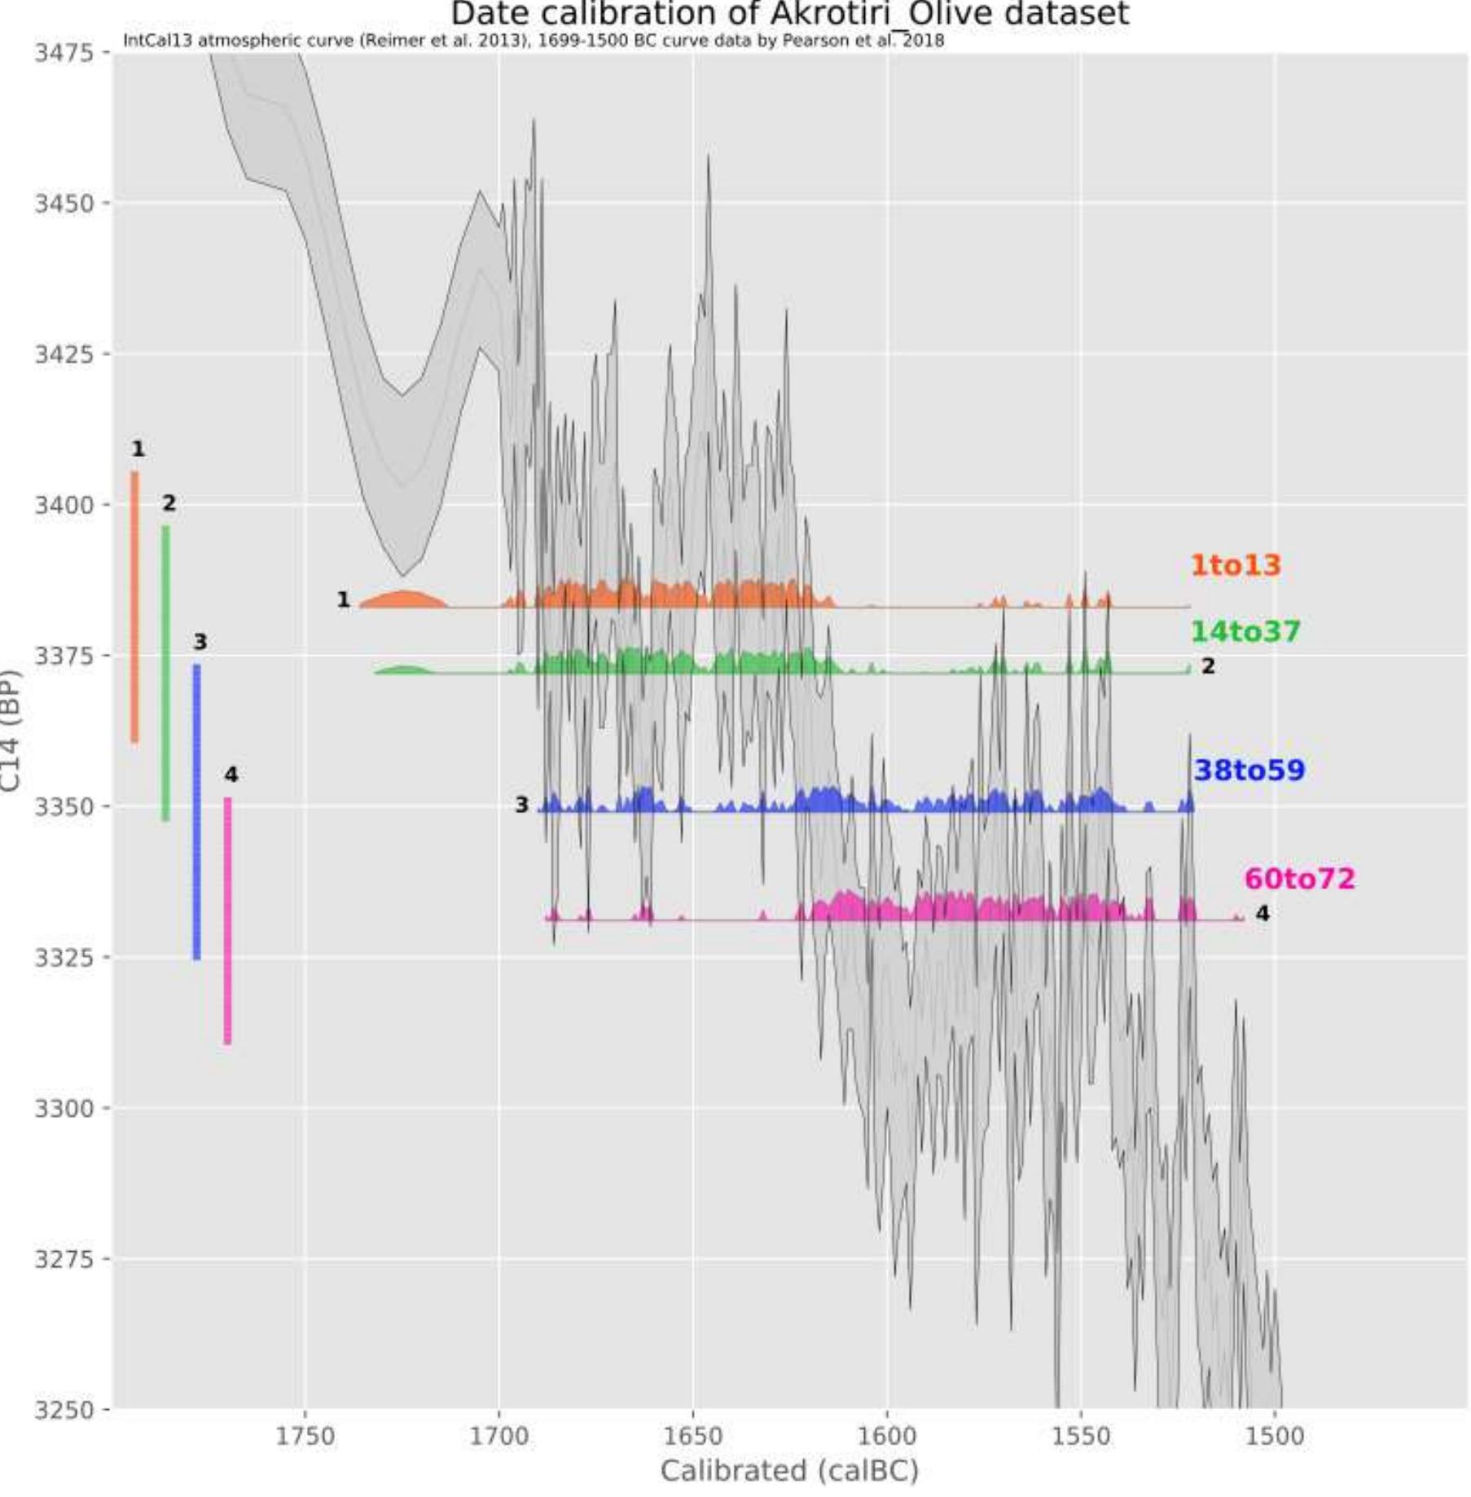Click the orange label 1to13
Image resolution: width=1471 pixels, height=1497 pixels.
coord(1235,565)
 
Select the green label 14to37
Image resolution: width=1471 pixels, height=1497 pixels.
coord(1245,631)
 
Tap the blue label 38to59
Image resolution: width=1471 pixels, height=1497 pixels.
coord(1249,770)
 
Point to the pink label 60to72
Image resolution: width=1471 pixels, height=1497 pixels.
coord(1299,879)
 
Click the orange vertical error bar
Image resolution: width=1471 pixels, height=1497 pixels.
coord(135,607)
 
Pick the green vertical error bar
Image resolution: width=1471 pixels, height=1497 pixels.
coord(166,673)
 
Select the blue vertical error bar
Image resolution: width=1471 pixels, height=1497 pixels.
coord(197,812)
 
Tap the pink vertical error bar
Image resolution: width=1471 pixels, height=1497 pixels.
coord(228,920)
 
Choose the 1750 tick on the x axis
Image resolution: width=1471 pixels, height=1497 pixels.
coord(305,1436)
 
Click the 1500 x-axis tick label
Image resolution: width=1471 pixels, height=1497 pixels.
coord(1276,1436)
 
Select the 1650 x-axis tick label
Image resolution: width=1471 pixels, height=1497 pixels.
coord(693,1436)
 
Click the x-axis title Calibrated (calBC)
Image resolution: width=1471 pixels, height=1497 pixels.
coord(788,1471)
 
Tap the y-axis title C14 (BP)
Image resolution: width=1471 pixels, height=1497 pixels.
coord(11,730)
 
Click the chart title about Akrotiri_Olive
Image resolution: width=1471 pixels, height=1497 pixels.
coord(789,15)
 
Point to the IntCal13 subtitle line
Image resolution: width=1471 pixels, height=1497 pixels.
coord(534,41)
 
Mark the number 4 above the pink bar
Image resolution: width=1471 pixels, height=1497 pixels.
coord(231,775)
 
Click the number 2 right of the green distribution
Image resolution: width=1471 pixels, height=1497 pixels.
coord(1208,666)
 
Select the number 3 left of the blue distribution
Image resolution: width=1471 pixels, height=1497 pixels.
coord(521,805)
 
